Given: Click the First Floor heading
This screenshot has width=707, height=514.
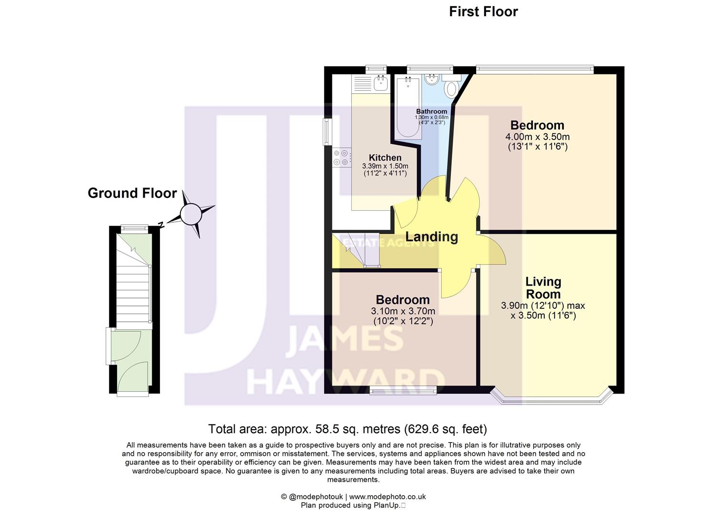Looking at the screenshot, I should click(x=483, y=11).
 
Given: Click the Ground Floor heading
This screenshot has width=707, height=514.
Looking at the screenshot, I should click(x=132, y=193).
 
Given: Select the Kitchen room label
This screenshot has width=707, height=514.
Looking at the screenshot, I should click(x=385, y=158).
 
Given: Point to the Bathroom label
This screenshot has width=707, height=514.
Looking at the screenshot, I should click(x=431, y=111).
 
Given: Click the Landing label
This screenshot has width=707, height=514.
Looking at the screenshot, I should click(x=431, y=237).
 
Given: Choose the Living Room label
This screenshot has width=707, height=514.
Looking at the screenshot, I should click(x=543, y=288).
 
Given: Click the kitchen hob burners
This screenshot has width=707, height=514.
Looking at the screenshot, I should click(x=341, y=158).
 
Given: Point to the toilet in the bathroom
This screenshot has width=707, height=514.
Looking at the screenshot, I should click(x=451, y=89).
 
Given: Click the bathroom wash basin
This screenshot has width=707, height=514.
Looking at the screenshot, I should click(x=432, y=79).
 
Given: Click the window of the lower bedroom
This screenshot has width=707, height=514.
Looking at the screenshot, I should click(x=403, y=391).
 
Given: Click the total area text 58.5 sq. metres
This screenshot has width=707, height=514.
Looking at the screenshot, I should click(x=348, y=429).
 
